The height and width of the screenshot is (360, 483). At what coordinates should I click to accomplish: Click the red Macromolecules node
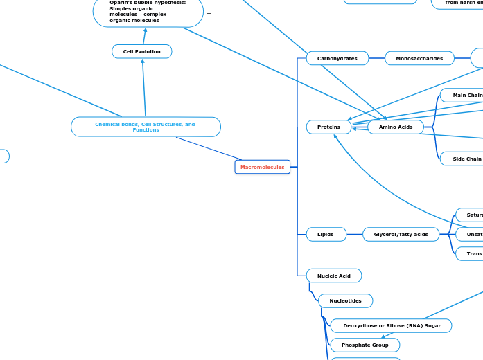tap(262, 167)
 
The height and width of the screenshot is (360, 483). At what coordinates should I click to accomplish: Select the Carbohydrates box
tap(337, 59)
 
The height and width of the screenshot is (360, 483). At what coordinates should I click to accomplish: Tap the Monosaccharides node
tap(419, 59)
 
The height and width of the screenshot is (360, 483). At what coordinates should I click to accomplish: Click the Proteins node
tap(328, 127)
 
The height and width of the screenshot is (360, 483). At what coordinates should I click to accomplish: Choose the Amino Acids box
tap(395, 127)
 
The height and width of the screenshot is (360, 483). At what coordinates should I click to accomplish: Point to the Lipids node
tap(326, 235)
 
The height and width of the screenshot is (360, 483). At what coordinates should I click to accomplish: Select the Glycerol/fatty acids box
tap(401, 235)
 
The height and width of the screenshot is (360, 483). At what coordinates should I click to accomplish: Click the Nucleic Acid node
tap(333, 276)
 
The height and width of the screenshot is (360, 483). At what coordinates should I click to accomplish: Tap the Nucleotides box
tap(345, 300)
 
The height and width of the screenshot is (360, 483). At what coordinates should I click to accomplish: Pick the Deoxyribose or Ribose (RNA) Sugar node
tap(391, 325)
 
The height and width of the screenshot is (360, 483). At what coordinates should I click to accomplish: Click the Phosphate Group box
tap(365, 345)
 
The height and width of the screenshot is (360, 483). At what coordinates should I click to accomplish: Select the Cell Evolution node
tap(141, 51)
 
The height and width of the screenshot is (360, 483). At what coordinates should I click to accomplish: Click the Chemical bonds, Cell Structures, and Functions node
tap(146, 127)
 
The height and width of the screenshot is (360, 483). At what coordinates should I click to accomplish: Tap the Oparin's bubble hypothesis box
tap(148, 12)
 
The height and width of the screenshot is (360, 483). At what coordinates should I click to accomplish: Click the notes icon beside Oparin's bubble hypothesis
tap(209, 12)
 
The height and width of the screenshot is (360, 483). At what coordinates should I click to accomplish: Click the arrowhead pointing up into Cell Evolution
tap(143, 61)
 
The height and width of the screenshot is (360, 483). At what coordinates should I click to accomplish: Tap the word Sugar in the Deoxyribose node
tap(432, 325)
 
